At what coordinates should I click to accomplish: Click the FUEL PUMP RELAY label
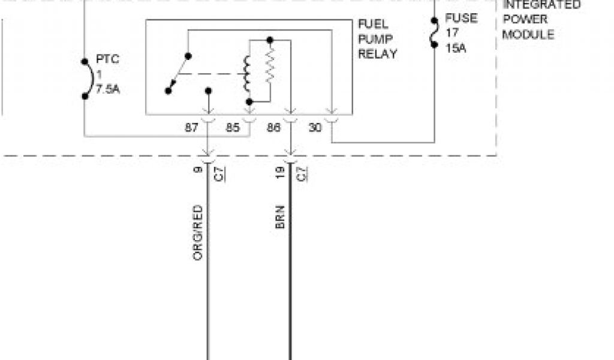tap(377, 39)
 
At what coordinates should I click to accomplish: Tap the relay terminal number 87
tap(192, 127)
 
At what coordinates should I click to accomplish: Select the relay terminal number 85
tap(233, 127)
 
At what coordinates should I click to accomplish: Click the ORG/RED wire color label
tap(197, 233)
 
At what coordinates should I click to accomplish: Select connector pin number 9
tap(197, 170)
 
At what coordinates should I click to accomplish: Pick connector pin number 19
tap(280, 172)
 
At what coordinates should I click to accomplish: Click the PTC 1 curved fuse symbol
tap(87, 78)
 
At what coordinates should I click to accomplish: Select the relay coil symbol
tap(246, 74)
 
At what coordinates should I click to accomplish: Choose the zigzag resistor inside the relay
tap(270, 67)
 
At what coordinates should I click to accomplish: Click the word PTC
tap(108, 60)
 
